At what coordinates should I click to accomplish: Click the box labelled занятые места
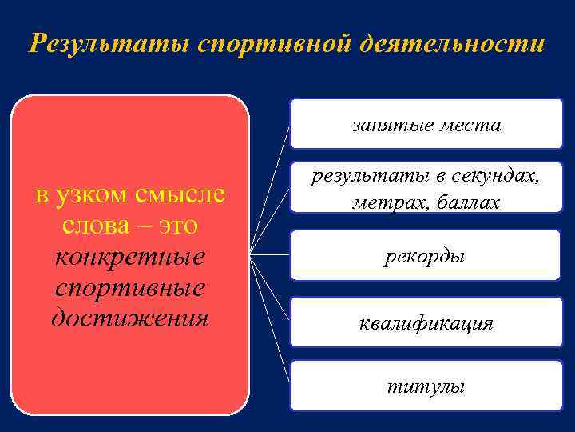click(426, 124)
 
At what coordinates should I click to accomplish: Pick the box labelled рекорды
click(425, 256)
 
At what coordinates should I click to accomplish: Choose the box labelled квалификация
click(425, 322)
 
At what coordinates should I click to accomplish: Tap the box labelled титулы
click(425, 386)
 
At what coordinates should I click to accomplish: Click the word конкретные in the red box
click(130, 258)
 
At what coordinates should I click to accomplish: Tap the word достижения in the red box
click(130, 318)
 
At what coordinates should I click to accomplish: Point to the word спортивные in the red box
click(130, 288)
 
